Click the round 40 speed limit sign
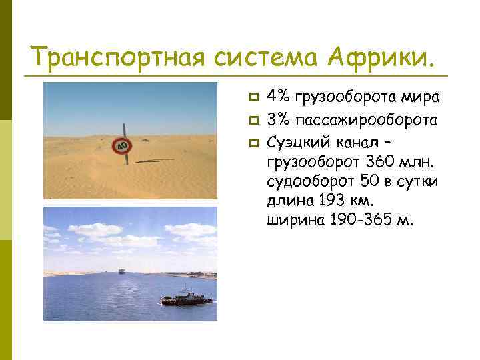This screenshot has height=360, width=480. tap(121, 145)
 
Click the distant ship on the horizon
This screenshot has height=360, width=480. tap(121, 271)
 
